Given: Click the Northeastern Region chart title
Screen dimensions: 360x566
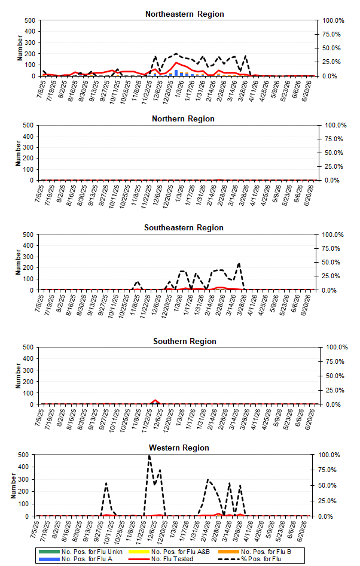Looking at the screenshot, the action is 184,14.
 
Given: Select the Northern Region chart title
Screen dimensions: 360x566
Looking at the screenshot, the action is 183,118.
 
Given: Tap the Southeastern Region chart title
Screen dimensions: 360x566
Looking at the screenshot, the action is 184,228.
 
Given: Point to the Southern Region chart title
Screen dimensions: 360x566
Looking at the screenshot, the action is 184,342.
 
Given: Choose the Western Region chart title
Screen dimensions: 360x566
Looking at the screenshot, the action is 179,448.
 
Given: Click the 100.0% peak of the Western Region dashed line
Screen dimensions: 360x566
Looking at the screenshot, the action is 150,455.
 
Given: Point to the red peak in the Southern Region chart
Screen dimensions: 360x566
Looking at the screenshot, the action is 155,400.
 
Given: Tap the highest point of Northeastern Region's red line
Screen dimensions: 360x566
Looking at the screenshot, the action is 176,63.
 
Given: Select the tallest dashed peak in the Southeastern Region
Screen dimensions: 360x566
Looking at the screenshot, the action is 239,263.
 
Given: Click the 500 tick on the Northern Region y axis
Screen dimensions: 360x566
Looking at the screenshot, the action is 29,125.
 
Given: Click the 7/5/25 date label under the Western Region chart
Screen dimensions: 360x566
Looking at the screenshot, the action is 36,529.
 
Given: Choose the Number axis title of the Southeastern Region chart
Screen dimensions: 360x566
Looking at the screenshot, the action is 19,262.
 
